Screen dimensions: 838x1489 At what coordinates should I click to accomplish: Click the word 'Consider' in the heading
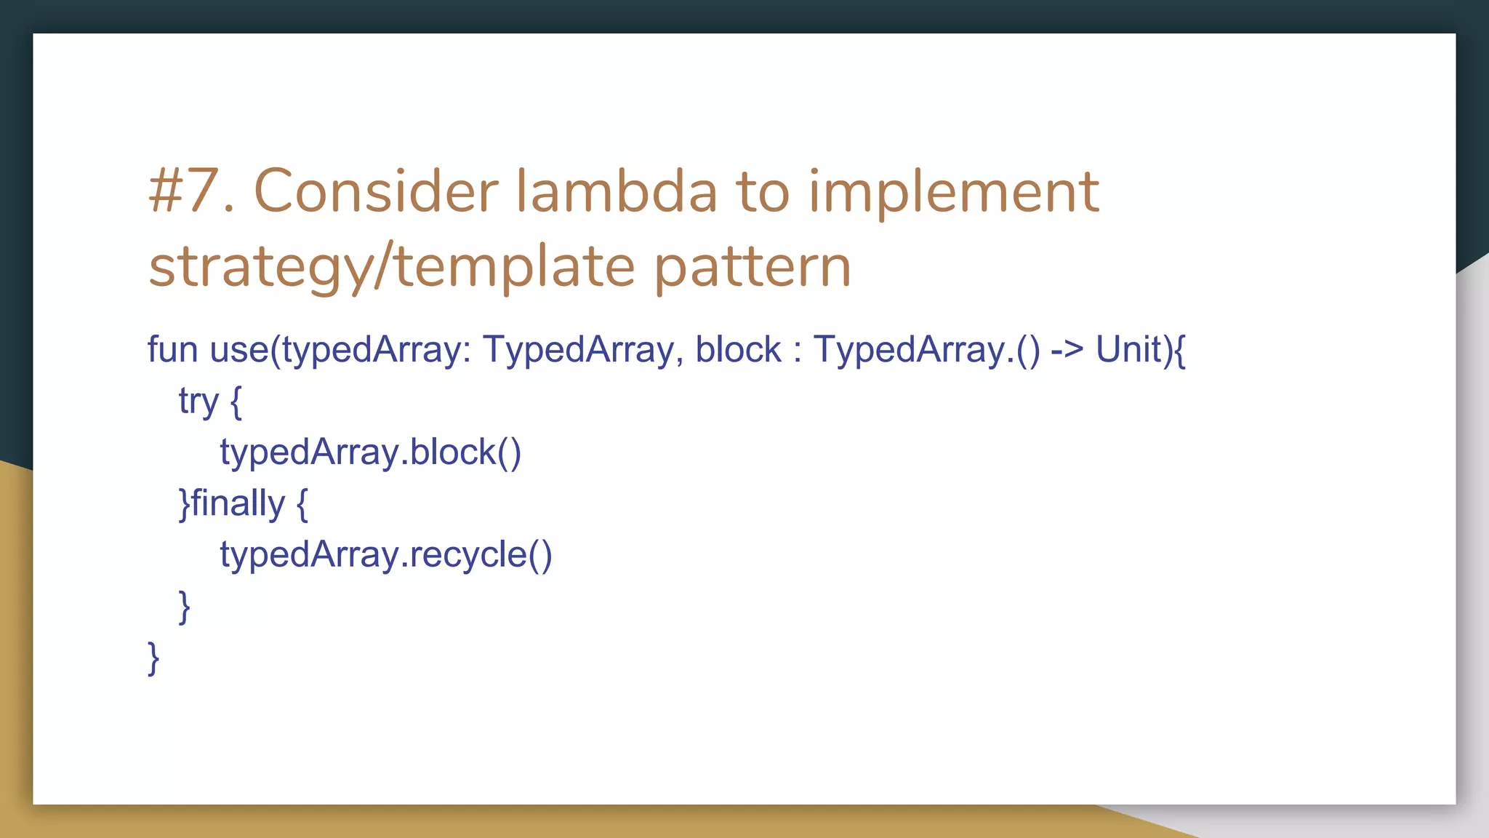375,192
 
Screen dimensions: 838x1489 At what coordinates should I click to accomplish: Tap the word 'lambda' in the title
617,192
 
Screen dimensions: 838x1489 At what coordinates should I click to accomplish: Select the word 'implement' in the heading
953,192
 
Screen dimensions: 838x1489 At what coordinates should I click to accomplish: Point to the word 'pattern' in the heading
752,268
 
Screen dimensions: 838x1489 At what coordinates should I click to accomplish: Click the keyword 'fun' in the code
172,350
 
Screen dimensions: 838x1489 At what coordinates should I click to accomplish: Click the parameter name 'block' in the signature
737,350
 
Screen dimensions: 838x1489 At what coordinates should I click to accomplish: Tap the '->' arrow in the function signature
1067,350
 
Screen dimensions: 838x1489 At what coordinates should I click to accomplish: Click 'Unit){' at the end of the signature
1140,350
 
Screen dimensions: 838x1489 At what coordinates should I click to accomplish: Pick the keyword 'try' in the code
198,402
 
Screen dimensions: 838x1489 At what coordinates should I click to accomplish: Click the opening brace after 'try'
236,402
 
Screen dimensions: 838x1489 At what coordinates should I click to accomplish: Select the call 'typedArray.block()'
370,452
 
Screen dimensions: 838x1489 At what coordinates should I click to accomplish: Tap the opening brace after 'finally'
302,503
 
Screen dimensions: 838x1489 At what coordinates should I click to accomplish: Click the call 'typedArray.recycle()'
386,555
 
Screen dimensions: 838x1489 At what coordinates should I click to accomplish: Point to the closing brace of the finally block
185,606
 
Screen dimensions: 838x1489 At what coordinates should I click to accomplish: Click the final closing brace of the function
153,658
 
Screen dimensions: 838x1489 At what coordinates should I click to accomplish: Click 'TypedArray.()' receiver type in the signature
926,350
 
